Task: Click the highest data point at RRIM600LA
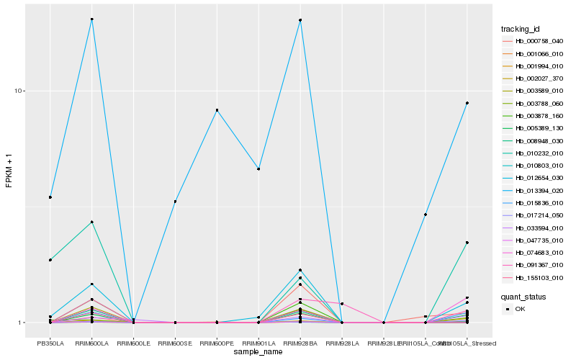tap(91, 19)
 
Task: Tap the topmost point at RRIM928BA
tap(300, 20)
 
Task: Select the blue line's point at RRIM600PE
tap(217, 110)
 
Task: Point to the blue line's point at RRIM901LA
tap(258, 169)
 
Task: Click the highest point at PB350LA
tap(50, 197)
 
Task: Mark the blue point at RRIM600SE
tap(175, 202)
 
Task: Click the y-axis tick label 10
tap(19, 91)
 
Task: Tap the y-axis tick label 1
tap(22, 323)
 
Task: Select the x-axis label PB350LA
tap(50, 343)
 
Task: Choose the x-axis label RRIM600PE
tap(217, 343)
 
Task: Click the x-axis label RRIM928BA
tap(300, 343)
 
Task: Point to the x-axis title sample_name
tap(258, 352)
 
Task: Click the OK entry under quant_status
tap(520, 309)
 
